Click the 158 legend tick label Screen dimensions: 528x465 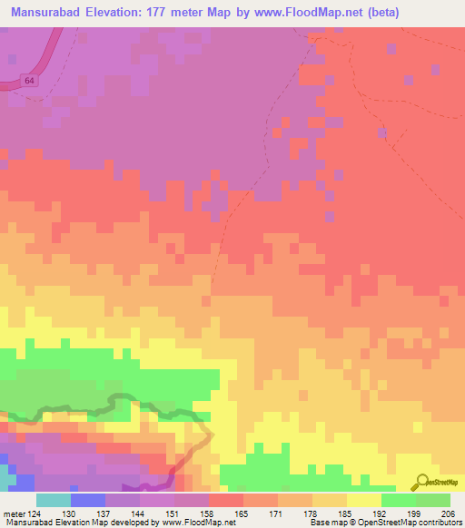click(x=209, y=513)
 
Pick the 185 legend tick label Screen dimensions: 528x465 click(x=347, y=513)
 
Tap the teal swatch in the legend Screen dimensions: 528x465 click(x=54, y=500)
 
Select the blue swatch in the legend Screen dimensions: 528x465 click(x=88, y=500)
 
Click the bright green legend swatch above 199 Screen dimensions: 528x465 click(x=398, y=500)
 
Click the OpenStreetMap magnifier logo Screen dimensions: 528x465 click(x=420, y=482)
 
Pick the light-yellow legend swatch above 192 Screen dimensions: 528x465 click(x=363, y=500)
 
